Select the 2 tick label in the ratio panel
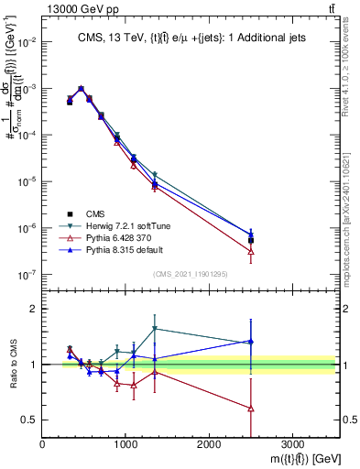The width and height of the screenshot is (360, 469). pyautogui.click(x=33, y=309)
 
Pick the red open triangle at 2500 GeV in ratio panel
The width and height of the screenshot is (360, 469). pyautogui.click(x=251, y=408)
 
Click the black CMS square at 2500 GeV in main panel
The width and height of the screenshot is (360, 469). pyautogui.click(x=251, y=241)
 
